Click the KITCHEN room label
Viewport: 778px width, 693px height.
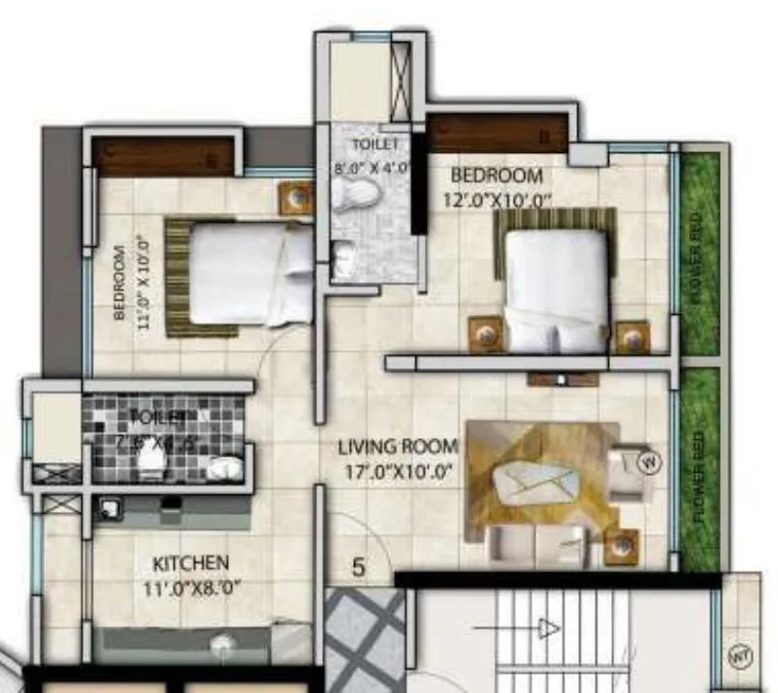click(x=191, y=562)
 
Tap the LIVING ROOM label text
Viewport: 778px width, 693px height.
click(x=397, y=447)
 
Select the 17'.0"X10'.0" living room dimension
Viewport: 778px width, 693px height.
click(x=398, y=474)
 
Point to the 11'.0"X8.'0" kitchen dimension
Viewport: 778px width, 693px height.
click(x=191, y=585)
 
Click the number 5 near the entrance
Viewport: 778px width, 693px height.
click(x=358, y=568)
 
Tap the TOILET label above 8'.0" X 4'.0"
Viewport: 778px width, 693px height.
click(x=373, y=143)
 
